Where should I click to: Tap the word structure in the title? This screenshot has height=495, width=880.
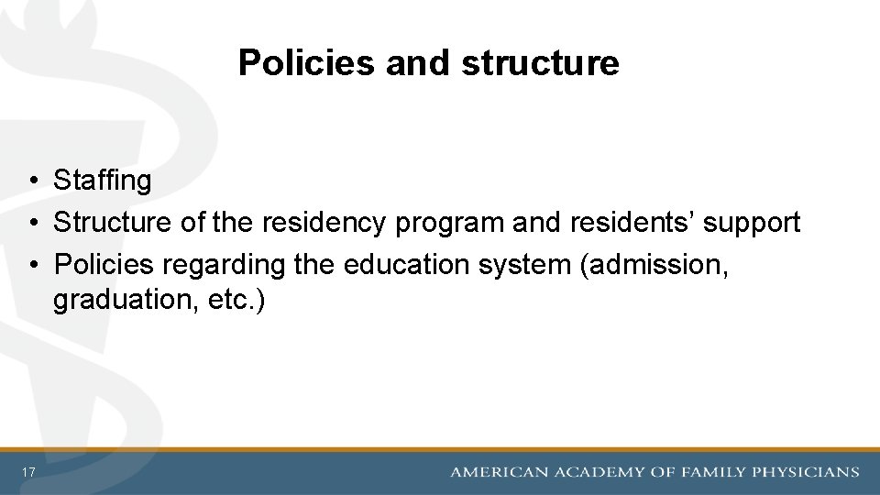click(540, 63)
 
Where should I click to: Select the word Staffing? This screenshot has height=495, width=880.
click(102, 181)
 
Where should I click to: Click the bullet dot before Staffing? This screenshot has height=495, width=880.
click(32, 181)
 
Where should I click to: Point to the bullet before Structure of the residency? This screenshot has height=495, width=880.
click(32, 223)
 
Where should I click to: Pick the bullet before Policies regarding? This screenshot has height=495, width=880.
click(32, 265)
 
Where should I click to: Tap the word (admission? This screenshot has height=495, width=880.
click(655, 264)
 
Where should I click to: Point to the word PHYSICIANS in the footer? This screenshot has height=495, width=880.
click(806, 472)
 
